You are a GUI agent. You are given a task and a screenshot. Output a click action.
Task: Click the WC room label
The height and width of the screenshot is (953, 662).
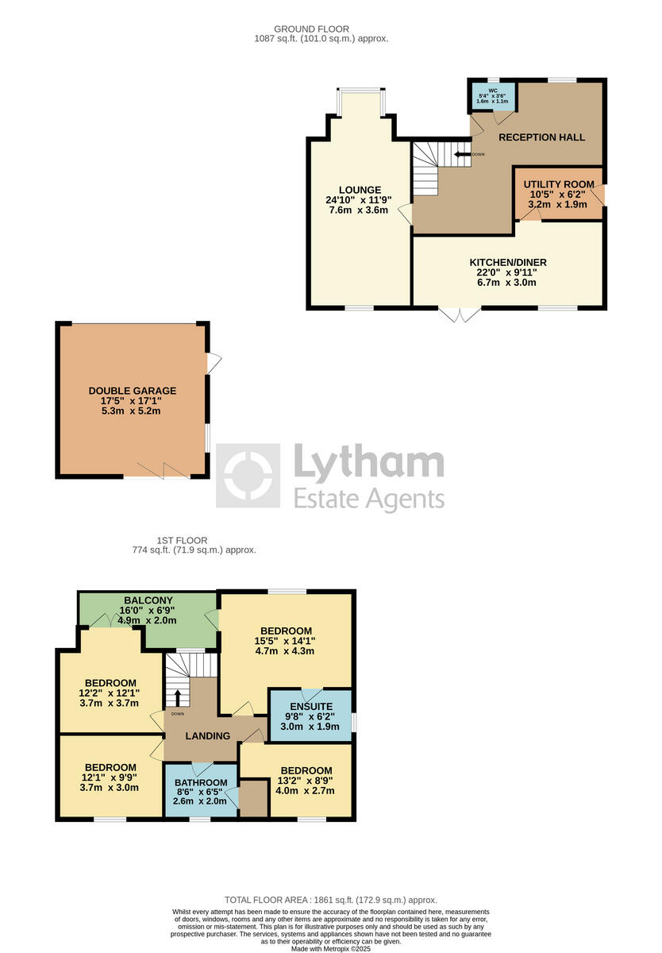tap(492, 91)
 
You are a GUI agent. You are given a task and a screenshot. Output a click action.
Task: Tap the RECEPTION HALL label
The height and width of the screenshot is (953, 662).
tap(541, 137)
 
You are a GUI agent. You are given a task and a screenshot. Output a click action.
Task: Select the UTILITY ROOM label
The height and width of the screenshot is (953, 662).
tap(559, 184)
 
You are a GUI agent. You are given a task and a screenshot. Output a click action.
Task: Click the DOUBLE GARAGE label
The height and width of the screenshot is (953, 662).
tap(133, 391)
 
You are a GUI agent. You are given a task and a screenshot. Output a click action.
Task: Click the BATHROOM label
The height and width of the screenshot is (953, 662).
tap(201, 781)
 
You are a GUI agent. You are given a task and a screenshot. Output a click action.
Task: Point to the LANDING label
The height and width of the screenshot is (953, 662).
tap(208, 736)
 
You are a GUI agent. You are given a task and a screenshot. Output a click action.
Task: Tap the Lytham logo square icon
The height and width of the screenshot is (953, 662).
tap(248, 476)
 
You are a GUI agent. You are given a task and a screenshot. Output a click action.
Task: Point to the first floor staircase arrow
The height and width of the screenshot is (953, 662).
tap(178, 697)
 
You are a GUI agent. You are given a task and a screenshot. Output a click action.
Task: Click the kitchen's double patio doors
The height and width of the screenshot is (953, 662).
tap(460, 314)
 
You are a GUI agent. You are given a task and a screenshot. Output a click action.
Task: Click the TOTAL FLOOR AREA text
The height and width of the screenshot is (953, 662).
tap(330, 900)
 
